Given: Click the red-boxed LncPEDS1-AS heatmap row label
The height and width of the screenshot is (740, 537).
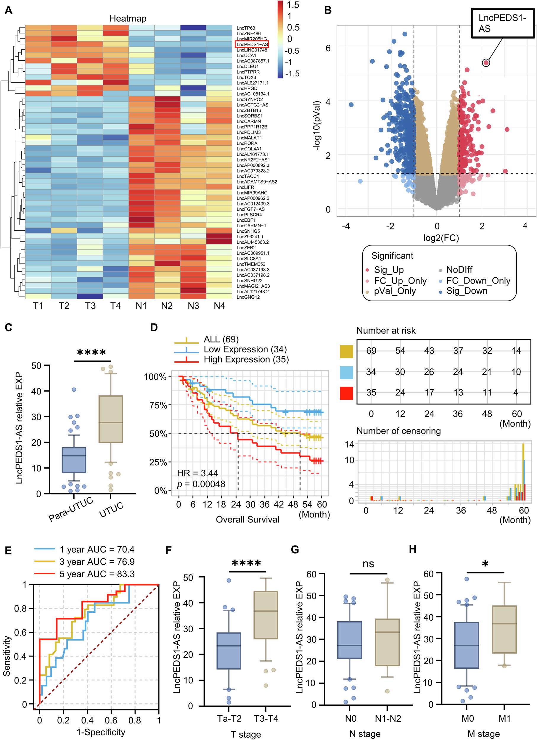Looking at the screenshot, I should tap(252, 44).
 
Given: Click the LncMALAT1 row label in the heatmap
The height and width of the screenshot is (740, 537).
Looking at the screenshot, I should tap(249, 138).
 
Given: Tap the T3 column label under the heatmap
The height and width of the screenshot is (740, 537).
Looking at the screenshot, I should tap(90, 306).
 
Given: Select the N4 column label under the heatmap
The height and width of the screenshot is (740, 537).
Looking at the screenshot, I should tap(219, 306).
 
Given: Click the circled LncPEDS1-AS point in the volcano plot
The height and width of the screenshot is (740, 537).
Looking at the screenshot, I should tap(486, 63).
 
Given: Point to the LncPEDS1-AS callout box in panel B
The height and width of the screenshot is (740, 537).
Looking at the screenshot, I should tap(502, 23).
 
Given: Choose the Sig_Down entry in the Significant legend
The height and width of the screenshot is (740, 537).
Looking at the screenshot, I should tap(467, 291).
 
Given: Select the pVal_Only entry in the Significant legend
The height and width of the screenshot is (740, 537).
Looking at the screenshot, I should tap(395, 291).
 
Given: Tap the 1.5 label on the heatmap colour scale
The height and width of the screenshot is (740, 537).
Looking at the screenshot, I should tap(293, 5).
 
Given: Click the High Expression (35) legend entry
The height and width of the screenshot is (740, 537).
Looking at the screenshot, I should tap(246, 359).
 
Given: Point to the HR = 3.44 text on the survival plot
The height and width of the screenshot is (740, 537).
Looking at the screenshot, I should tap(197, 473).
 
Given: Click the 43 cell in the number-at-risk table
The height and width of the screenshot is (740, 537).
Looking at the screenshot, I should tap(429, 350).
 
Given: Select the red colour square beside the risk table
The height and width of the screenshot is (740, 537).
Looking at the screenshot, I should tap(346, 393).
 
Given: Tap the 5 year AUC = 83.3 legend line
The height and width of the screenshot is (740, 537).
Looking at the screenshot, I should tap(97, 574).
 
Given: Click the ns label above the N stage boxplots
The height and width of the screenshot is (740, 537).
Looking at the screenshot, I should tap(368, 564).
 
